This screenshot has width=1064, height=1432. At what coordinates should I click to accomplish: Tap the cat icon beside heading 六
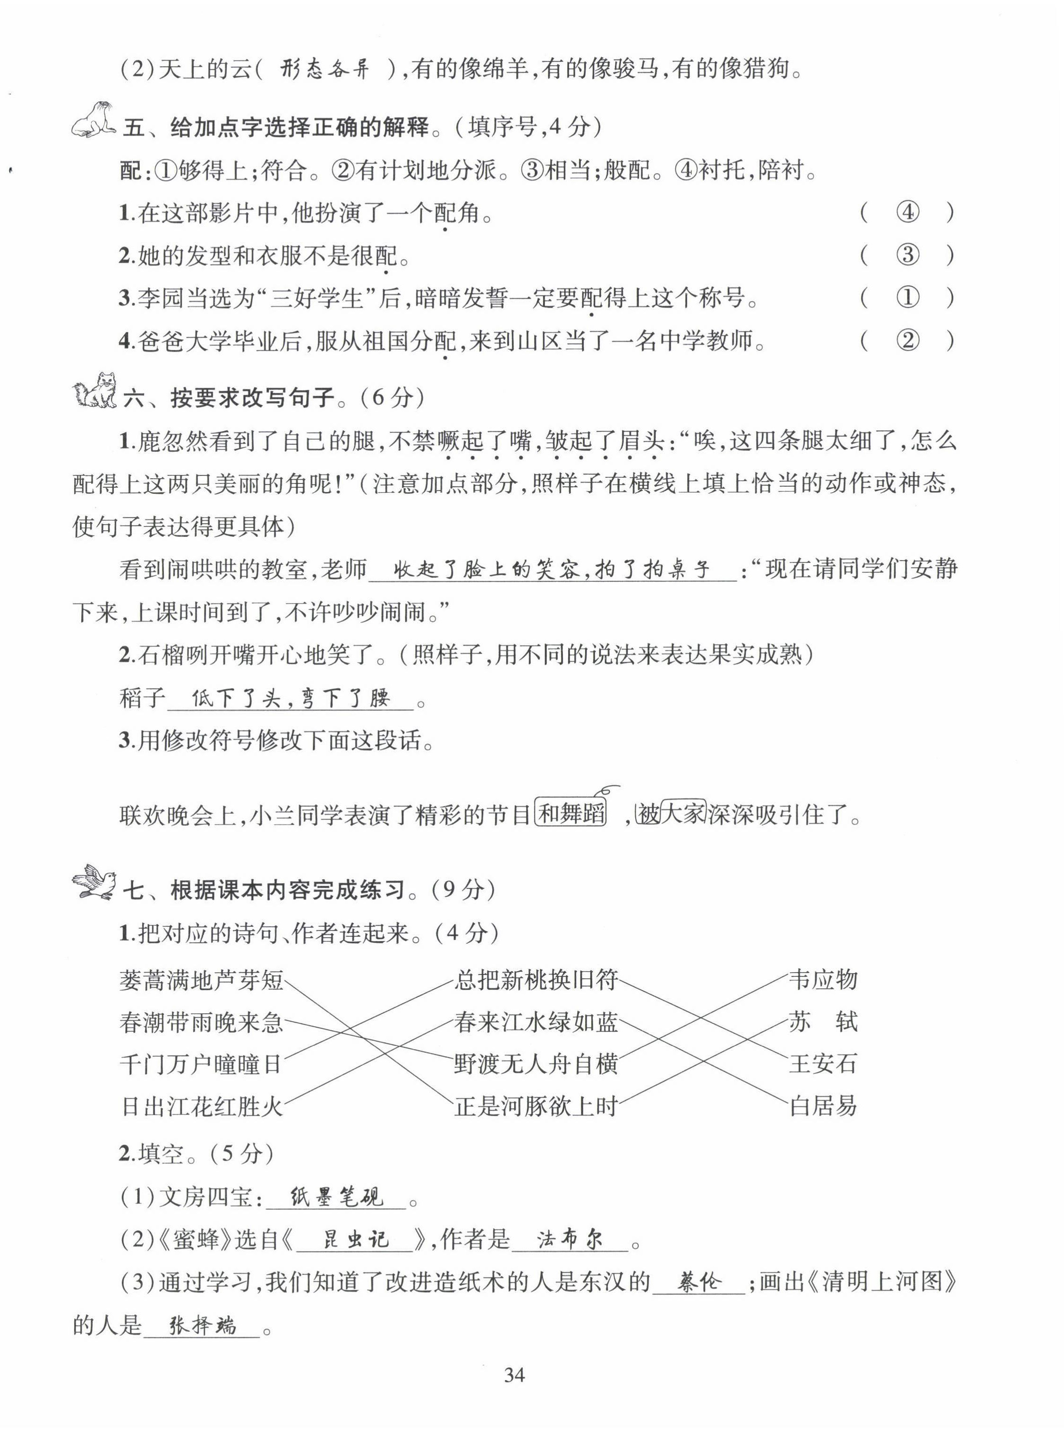(x=95, y=390)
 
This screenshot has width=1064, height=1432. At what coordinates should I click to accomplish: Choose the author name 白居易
(x=823, y=1106)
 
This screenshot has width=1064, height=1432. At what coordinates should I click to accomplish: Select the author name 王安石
(x=823, y=1064)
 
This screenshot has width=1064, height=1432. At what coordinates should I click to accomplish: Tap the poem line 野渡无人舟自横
(x=536, y=1064)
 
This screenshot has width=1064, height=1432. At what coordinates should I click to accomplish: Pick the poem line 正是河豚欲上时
(x=536, y=1106)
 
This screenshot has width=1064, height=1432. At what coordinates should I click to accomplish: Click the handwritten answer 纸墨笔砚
(x=336, y=1197)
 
